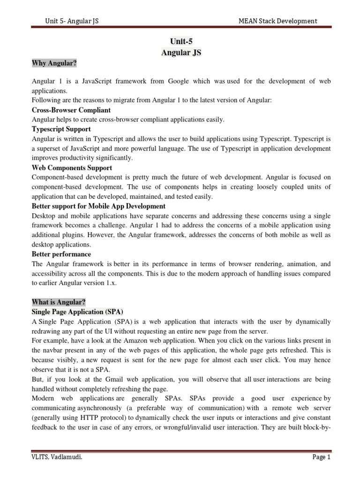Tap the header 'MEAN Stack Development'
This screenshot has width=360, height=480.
pyautogui.click(x=278, y=21)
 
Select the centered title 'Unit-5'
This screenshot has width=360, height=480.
pyautogui.click(x=180, y=41)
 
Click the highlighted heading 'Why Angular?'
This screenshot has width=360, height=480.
pyautogui.click(x=54, y=62)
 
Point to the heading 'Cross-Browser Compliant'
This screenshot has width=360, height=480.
pyautogui.click(x=71, y=110)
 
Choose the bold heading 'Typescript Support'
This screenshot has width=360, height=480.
pyautogui.click(x=61, y=129)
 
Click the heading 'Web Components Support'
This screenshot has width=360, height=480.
pyautogui.click(x=72, y=167)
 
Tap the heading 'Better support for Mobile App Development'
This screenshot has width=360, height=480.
pyautogui.click(x=98, y=206)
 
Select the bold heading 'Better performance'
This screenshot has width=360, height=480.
pyautogui.click(x=61, y=254)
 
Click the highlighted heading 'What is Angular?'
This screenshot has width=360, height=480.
pyautogui.click(x=59, y=302)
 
